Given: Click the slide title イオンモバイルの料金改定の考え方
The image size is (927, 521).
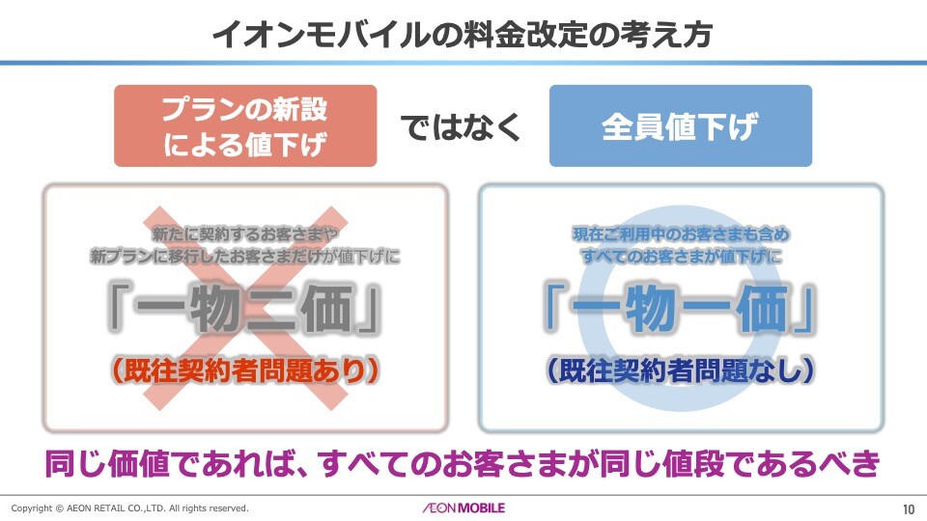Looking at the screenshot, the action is pyautogui.click(x=463, y=35).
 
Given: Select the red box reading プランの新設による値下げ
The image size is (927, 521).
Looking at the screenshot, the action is pyautogui.click(x=245, y=125).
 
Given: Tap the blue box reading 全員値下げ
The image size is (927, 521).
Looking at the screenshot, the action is pyautogui.click(x=680, y=126).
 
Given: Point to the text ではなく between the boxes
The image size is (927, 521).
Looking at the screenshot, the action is pyautogui.click(x=463, y=126).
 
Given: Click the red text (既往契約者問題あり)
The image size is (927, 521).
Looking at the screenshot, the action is pyautogui.click(x=245, y=370).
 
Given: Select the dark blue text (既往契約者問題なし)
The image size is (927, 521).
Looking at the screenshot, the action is pyautogui.click(x=681, y=370).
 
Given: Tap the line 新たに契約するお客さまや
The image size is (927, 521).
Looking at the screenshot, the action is pyautogui.click(x=245, y=234).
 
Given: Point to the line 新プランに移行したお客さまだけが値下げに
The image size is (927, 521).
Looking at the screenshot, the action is pyautogui.click(x=245, y=258).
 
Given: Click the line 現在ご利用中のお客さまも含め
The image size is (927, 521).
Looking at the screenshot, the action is pyautogui.click(x=681, y=234).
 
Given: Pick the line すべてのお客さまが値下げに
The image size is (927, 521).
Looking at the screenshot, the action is pyautogui.click(x=681, y=258).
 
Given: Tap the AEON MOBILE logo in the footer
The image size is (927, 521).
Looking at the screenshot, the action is pyautogui.click(x=463, y=507).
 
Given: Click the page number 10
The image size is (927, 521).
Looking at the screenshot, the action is pyautogui.click(x=908, y=508).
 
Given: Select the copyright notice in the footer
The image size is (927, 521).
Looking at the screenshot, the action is pyautogui.click(x=130, y=508).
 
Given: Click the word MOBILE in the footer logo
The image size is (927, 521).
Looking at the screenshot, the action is pyautogui.click(x=480, y=507).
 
